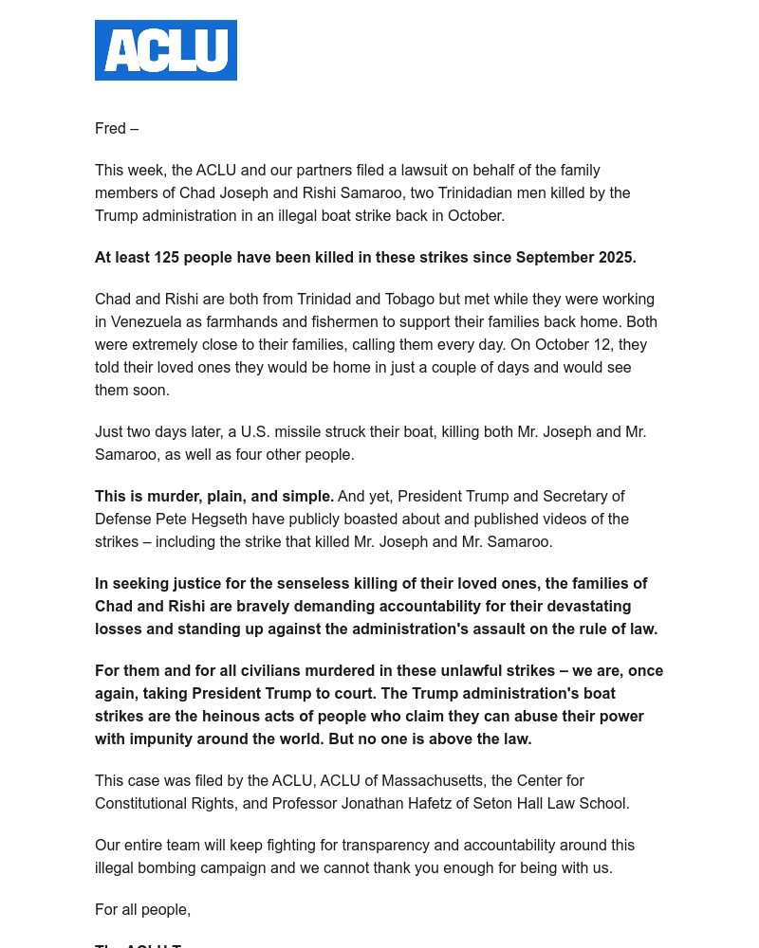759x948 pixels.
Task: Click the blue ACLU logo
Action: (x=166, y=50)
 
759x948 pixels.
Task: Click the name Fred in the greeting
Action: (x=110, y=128)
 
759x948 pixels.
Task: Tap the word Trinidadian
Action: (x=479, y=192)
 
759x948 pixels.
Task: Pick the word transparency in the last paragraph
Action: (x=384, y=845)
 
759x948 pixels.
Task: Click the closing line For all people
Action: (x=142, y=909)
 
